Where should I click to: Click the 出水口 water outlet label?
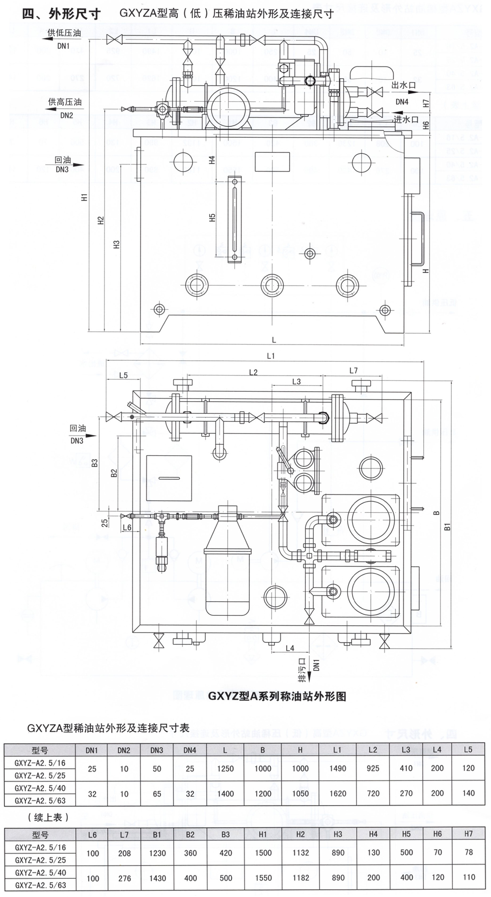[404, 85]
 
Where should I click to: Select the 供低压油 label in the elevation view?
[64, 33]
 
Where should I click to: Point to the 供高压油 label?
[64, 102]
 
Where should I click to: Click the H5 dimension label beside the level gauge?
[213, 217]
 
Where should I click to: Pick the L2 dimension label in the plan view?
[253, 372]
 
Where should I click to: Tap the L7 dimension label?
[354, 370]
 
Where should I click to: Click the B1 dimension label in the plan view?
[447, 526]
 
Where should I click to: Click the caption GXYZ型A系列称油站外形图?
[277, 696]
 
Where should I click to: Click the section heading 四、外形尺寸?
[61, 14]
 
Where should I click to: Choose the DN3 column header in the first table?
[157, 750]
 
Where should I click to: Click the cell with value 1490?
[337, 768]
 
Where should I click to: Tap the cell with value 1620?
[337, 793]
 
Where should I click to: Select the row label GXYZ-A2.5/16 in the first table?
[40, 762]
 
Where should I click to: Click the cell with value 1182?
[300, 878]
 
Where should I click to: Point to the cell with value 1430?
[157, 878]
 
